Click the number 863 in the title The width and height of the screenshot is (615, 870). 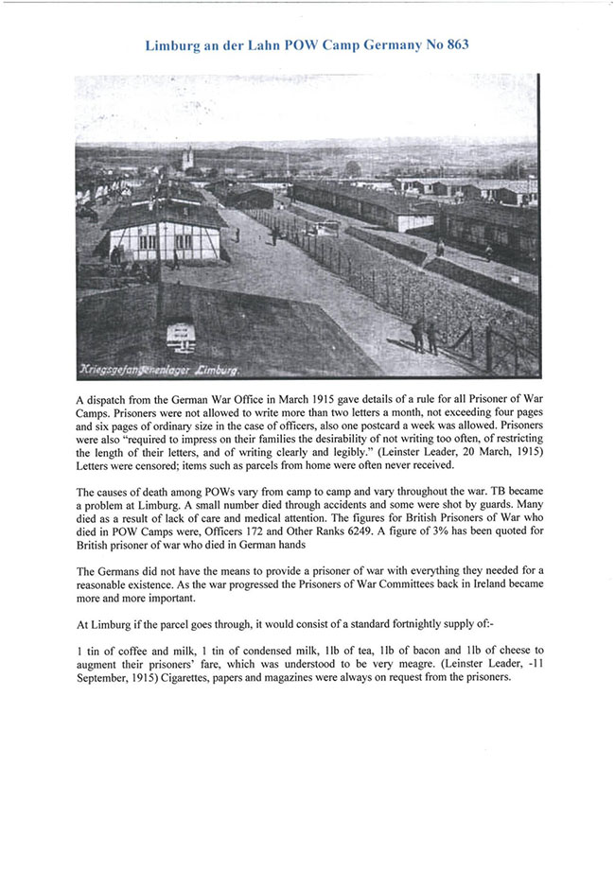(452, 44)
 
